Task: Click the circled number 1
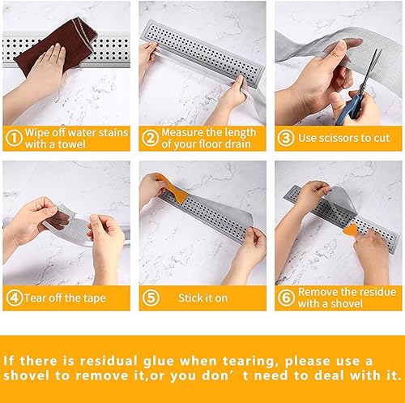14,138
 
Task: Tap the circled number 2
151,138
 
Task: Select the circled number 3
286,138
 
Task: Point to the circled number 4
15,298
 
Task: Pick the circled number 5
151,298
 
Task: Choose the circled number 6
286,298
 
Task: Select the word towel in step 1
71,144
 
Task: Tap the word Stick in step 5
189,298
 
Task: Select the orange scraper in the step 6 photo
351,230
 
